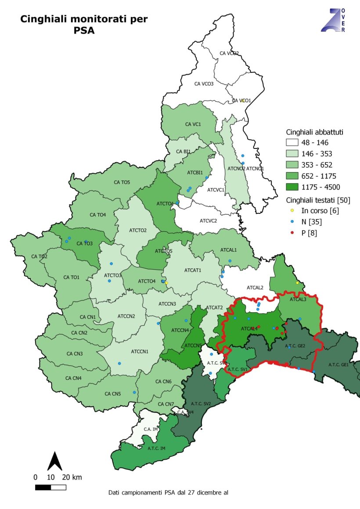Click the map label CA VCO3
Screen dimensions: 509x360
204,83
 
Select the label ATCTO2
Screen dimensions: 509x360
138,230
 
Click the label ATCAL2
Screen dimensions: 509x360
255,288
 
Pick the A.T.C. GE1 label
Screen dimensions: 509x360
338,365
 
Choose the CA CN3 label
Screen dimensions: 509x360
75,354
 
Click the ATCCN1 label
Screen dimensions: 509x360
140,351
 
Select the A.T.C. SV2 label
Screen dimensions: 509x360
201,403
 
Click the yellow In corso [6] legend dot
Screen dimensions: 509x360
292,211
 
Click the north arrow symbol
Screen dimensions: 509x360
54,461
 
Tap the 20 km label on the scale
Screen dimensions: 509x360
72,477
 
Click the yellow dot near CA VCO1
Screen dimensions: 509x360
242,101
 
